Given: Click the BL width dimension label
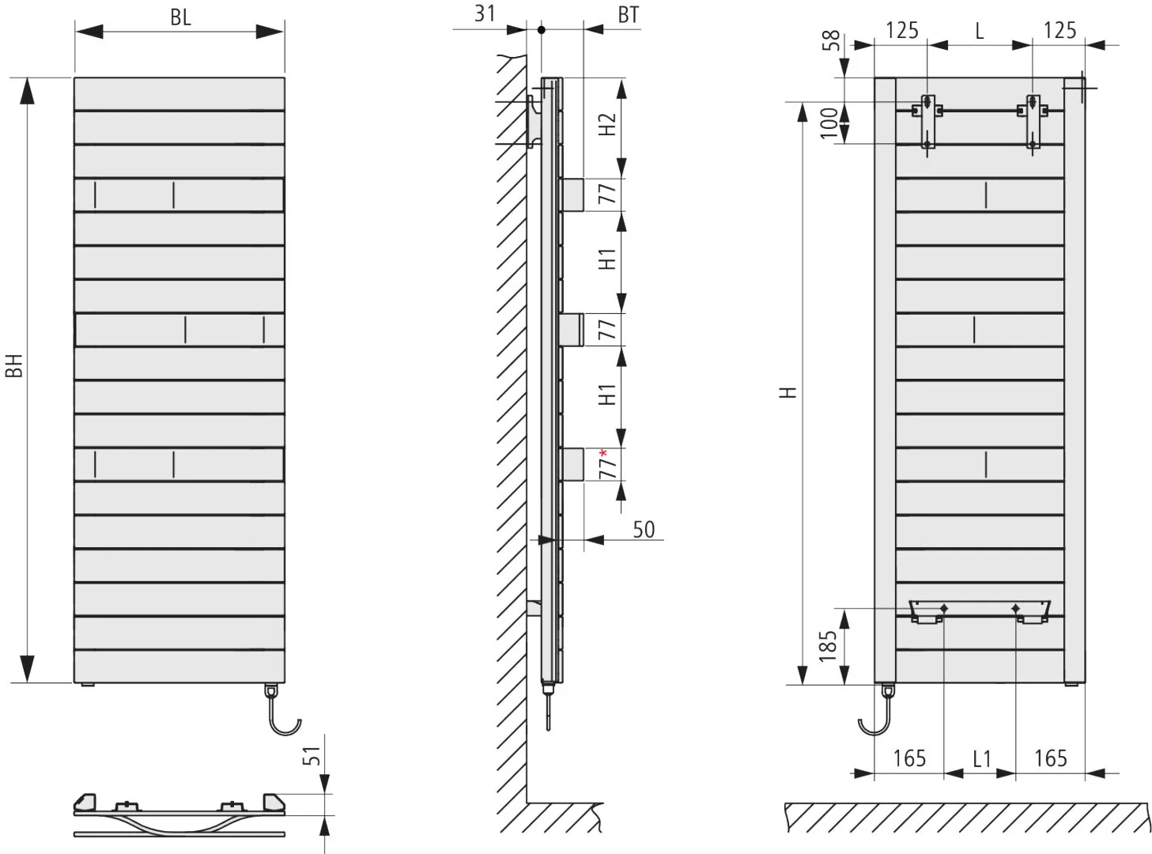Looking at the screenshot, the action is [180, 17].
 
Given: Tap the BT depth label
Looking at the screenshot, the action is [628, 15].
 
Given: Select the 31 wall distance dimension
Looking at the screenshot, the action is [485, 13].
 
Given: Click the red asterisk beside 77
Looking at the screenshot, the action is [603, 453].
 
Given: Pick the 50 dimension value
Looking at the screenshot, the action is [644, 529].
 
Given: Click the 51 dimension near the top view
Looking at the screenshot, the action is [311, 756].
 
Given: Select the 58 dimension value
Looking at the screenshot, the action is [831, 40].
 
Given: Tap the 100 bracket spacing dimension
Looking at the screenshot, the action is [829, 123].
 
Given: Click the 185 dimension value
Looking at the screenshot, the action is [828, 646].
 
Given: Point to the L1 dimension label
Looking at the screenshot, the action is [982, 759].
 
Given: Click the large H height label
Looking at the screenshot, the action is [788, 392].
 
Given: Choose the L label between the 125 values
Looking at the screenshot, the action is [980, 31].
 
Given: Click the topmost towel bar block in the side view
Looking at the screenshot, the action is [572, 195].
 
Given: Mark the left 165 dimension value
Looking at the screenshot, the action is [909, 758].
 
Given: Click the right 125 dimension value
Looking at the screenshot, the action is [1059, 30].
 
